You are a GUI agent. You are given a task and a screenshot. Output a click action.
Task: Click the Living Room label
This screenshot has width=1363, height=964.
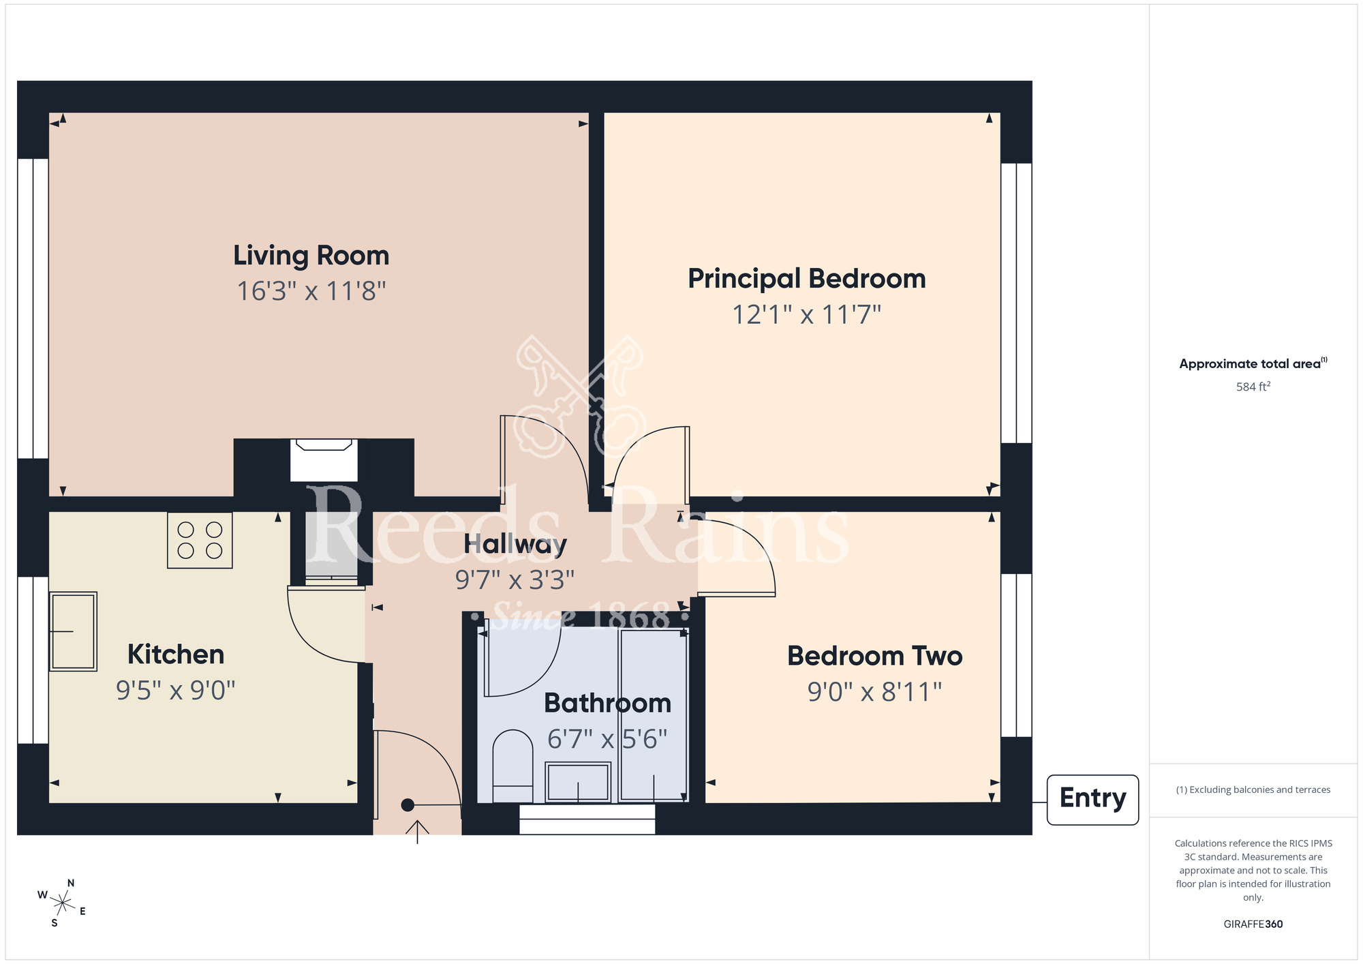tap(311, 256)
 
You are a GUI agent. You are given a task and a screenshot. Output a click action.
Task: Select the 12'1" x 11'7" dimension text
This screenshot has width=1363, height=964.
tap(806, 315)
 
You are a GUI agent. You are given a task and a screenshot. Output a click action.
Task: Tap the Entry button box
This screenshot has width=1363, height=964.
tap(1092, 799)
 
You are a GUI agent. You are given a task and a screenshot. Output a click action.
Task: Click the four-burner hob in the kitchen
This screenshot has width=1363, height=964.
tap(200, 540)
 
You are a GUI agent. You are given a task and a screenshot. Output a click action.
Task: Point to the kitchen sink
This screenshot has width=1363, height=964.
tap(74, 631)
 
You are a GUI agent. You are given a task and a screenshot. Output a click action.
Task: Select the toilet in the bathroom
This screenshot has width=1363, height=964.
tap(512, 766)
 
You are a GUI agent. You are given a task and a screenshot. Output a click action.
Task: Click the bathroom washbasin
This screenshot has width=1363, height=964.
tap(578, 782)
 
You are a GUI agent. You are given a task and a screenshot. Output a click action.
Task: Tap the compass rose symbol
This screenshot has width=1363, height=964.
tap(62, 904)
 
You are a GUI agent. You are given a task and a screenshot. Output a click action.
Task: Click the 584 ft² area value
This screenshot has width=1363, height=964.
tap(1253, 387)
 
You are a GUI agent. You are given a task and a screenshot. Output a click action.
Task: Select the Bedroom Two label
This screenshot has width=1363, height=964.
tap(874, 656)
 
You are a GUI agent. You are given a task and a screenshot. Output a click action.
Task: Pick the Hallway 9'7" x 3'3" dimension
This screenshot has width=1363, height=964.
tap(515, 580)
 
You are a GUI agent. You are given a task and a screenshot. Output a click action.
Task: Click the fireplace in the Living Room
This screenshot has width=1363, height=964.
tap(324, 460)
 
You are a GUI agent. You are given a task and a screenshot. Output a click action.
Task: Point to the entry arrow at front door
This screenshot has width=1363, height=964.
tap(417, 830)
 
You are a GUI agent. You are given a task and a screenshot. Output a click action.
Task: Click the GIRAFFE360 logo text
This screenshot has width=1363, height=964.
tap(1253, 924)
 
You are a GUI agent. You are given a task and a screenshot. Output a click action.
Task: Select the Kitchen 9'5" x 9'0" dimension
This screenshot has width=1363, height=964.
tap(175, 691)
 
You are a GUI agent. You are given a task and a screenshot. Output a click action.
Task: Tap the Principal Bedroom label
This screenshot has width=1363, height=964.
tap(806, 279)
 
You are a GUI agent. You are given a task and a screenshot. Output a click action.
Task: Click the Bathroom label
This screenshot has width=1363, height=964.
tap(607, 703)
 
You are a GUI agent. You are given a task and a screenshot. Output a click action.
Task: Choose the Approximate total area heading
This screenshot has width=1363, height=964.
tap(1253, 364)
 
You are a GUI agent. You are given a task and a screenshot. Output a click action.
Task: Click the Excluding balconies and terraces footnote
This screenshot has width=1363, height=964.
tap(1253, 790)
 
